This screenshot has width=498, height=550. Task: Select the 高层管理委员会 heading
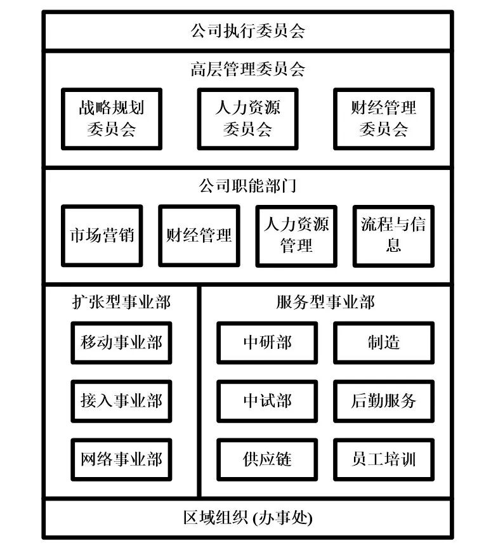247,69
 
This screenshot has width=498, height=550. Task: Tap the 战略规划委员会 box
111,119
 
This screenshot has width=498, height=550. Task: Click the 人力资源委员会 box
247,119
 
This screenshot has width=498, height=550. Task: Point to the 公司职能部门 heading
247,186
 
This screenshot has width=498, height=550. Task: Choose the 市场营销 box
102,235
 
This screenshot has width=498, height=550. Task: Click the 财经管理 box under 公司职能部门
199,235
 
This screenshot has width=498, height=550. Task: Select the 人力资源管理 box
296,235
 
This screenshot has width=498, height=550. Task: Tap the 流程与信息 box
393,235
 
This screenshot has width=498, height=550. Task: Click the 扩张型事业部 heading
121,302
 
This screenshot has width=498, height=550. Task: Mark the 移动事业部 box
121,343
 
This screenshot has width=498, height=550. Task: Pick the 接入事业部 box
121,401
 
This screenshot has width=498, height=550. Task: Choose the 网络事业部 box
121,459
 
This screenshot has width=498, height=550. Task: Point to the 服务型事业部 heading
325,302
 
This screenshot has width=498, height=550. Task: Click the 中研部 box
267,343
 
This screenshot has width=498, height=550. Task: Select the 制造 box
384,343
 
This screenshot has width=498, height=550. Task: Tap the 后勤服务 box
384,401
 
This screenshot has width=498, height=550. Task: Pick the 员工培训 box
384,459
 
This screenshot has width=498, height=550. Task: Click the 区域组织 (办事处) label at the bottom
247,518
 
